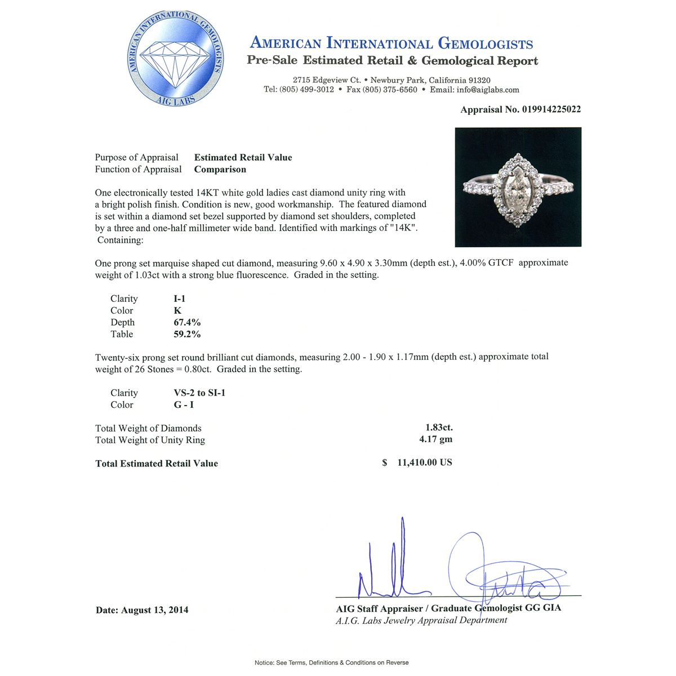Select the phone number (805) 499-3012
click(x=306, y=90)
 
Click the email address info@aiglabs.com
click(x=488, y=90)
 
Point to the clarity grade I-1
click(x=180, y=299)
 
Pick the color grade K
click(x=177, y=310)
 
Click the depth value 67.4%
click(x=187, y=322)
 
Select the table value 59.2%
click(x=187, y=334)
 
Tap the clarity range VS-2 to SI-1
click(x=199, y=393)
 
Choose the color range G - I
click(x=184, y=404)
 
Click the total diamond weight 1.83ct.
click(x=439, y=428)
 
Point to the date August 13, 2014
click(x=155, y=610)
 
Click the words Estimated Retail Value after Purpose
click(x=243, y=158)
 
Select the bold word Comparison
click(x=220, y=169)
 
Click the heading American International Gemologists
click(x=391, y=43)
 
